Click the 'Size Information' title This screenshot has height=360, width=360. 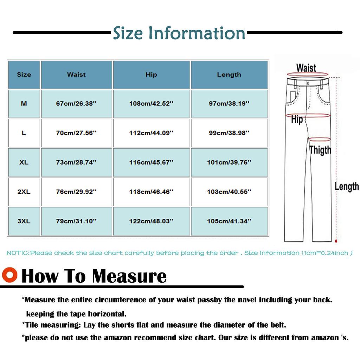pos(179,33)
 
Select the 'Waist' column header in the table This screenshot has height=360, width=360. pos(76,75)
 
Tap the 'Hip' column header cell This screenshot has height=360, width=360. pos(151,75)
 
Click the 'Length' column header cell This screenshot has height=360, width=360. pos(229,75)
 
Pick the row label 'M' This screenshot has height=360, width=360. pos(24,104)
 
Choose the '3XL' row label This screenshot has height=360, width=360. pos(24,221)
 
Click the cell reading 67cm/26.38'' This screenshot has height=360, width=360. pos(76,104)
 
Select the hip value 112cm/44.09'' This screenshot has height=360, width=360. pos(151,133)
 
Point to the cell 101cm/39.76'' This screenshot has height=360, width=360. pos(229,162)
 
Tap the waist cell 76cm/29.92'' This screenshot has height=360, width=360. pos(76,192)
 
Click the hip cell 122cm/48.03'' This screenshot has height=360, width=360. pos(151,221)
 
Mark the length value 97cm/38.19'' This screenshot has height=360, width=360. pos(229,104)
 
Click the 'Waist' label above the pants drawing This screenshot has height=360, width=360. pos(306,67)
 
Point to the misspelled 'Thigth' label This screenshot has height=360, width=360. pos(320,150)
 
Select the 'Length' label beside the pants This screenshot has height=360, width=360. pos(346,186)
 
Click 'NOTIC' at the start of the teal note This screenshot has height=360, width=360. pos(18,253)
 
